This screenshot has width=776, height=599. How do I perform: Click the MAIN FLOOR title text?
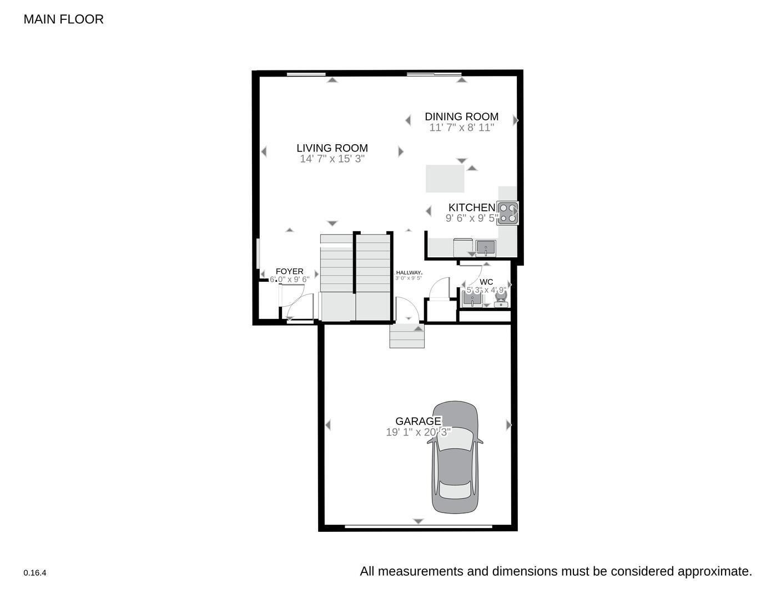[63, 19]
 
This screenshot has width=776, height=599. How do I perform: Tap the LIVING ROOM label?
[332, 148]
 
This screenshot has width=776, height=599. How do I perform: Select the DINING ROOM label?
[461, 116]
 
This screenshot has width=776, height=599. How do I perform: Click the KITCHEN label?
[471, 207]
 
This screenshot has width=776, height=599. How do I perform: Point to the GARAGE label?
[418, 422]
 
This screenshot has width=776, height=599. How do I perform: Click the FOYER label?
[289, 271]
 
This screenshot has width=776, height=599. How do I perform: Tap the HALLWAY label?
[409, 272]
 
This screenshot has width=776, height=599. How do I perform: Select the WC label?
[486, 282]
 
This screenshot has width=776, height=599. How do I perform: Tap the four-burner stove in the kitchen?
[507, 213]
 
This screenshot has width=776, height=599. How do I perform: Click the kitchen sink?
[486, 247]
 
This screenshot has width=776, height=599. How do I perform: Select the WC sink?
[472, 299]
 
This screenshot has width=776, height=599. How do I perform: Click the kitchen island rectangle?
[445, 179]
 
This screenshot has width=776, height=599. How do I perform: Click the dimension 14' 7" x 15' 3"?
[332, 159]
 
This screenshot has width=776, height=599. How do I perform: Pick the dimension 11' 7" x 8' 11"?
[461, 127]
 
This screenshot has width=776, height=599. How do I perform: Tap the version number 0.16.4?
[35, 573]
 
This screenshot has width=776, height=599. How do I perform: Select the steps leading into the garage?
[407, 337]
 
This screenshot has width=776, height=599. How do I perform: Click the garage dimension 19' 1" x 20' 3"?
[418, 432]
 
